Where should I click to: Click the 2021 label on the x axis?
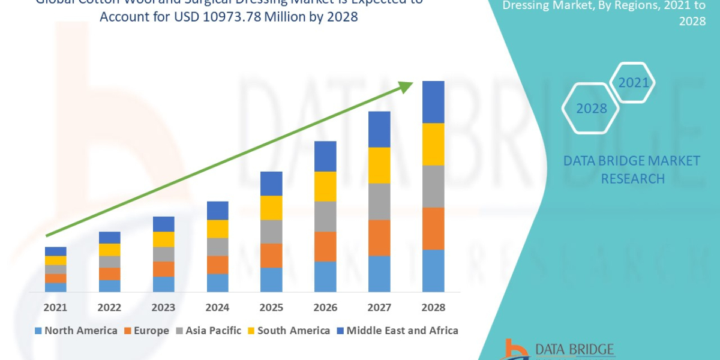[x=55, y=307]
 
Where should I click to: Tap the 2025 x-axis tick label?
[x=271, y=307]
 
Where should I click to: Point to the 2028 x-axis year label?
[x=433, y=307]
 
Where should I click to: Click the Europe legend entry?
[x=147, y=331]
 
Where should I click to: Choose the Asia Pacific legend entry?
[x=208, y=331]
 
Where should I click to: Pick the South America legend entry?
[x=288, y=331]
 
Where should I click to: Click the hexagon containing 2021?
[x=632, y=83]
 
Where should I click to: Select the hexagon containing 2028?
[x=590, y=109]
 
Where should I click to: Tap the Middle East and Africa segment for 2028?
[x=433, y=102]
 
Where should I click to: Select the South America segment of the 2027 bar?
[x=379, y=165]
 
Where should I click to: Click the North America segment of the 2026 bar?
[x=325, y=277]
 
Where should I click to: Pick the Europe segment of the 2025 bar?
[x=271, y=256]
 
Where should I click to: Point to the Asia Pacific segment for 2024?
[x=217, y=247]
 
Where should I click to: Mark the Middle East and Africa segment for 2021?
[x=55, y=251]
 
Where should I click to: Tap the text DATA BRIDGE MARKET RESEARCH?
[x=632, y=169]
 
